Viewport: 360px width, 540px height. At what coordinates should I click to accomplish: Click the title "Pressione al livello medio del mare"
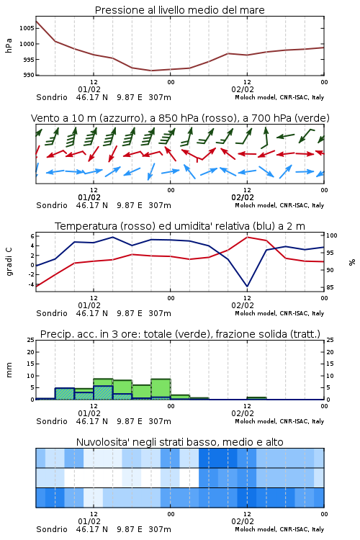(x=179, y=10)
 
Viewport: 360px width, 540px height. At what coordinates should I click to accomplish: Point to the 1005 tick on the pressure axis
(x=27, y=28)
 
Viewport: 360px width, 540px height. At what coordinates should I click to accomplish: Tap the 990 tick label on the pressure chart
(x=29, y=75)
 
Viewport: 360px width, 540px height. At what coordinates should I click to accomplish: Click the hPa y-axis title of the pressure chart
(x=9, y=45)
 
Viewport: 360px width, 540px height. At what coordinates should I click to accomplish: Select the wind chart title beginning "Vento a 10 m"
(x=180, y=118)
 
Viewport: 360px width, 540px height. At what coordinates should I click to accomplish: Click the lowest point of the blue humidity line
(x=247, y=286)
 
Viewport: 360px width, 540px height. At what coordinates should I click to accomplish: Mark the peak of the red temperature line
(x=247, y=237)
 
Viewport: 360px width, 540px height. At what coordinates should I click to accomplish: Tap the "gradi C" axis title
(x=9, y=262)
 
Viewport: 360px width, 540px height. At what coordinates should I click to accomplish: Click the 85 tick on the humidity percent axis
(x=330, y=287)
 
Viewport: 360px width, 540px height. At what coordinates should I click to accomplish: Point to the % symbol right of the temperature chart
(x=352, y=262)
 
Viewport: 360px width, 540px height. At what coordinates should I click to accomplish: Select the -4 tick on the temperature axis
(x=31, y=284)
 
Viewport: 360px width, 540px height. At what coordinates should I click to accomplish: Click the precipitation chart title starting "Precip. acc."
(x=180, y=334)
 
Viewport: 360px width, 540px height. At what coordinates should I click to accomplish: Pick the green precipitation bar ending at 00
(x=161, y=389)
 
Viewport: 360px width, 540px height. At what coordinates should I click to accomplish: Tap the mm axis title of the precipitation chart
(x=9, y=370)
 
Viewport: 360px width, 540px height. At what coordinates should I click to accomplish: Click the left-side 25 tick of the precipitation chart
(x=31, y=340)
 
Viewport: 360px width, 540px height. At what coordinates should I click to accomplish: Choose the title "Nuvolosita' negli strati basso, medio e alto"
(x=179, y=442)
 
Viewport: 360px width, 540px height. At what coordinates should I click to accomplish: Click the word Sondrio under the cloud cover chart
(x=52, y=529)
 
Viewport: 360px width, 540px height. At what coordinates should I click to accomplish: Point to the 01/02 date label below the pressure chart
(x=89, y=89)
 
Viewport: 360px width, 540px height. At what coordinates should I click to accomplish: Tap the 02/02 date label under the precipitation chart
(x=243, y=413)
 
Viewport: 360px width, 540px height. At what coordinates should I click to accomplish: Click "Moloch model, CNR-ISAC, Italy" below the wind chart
(x=279, y=205)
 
